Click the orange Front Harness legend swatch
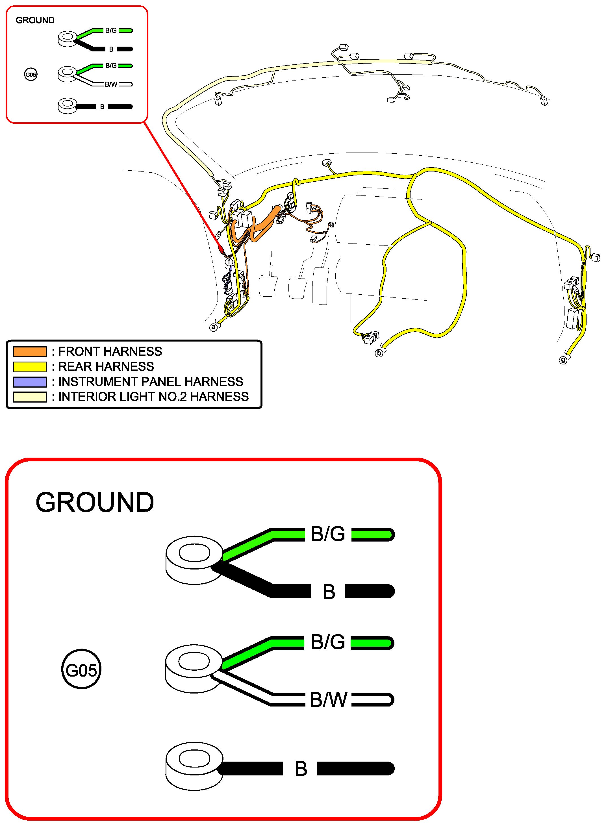pyautogui.click(x=30, y=352)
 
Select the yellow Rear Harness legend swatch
pyautogui.click(x=30, y=367)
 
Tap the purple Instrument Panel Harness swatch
pyautogui.click(x=30, y=382)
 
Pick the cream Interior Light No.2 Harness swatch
pyautogui.click(x=30, y=397)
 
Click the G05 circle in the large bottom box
pyautogui.click(x=81, y=670)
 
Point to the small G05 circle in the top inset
pyautogui.click(x=31, y=75)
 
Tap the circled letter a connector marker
pyautogui.click(x=214, y=327)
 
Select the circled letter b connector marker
pyautogui.click(x=379, y=353)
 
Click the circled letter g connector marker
pyautogui.click(x=563, y=360)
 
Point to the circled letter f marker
pyautogui.click(x=230, y=262)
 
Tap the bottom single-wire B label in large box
pyautogui.click(x=301, y=769)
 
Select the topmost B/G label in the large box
pyautogui.click(x=328, y=534)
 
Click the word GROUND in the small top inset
pyautogui.click(x=35, y=20)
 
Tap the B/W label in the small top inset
pyautogui.click(x=111, y=84)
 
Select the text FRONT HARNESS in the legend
pyautogui.click(x=110, y=352)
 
